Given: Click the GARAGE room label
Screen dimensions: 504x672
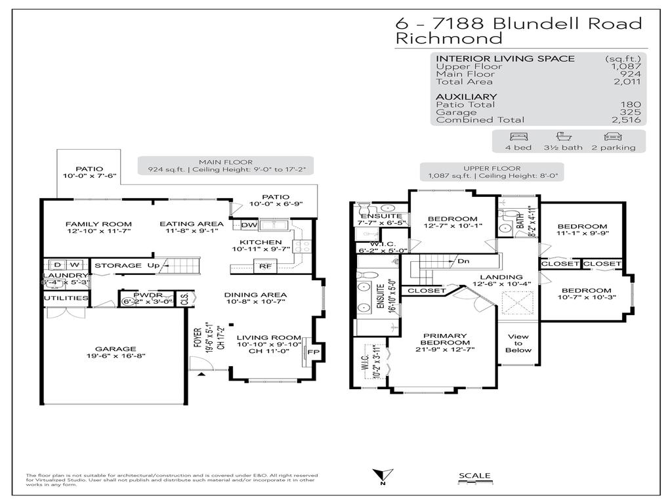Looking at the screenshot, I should point(115,348).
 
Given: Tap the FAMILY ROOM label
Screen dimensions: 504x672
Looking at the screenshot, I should point(98,224).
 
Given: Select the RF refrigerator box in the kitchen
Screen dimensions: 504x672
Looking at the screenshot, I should point(265,266).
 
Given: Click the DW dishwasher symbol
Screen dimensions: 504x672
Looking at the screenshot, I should point(249,225).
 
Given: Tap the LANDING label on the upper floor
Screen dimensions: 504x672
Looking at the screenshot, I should point(501,277).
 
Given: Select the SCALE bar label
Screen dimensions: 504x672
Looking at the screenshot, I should point(474,476).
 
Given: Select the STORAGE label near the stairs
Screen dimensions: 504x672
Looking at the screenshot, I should point(118,265).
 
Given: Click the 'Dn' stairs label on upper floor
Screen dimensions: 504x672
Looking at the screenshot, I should point(463,261).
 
